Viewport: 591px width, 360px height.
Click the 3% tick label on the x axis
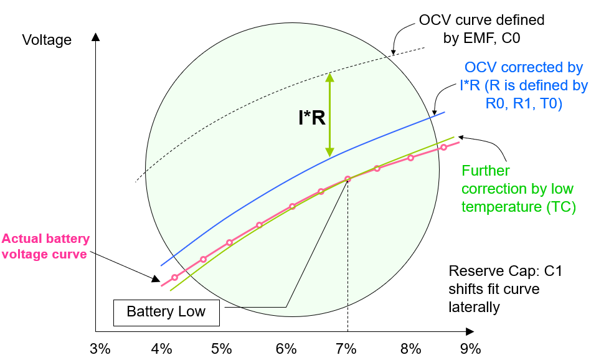coord(99,348)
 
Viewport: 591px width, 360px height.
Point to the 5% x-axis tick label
coord(222,348)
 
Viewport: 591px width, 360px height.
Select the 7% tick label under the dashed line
coord(346,348)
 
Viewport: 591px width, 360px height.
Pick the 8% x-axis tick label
coord(409,348)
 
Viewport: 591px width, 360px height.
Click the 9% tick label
coord(471,348)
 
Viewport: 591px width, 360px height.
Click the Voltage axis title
coord(47,40)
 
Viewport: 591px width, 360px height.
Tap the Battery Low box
coord(166,312)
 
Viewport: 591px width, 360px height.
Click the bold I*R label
coord(312,118)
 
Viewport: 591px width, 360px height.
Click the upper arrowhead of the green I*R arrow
coord(329,77)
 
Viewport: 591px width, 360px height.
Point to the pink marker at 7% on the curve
coord(348,179)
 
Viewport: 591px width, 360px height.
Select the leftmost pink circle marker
coord(174,277)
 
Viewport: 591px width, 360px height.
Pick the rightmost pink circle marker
coord(443,148)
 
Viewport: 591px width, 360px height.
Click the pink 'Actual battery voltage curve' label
coord(45,246)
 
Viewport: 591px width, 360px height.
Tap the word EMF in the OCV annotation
coord(477,39)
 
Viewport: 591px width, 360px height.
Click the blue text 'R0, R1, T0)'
coord(524,103)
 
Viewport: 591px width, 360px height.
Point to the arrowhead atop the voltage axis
coord(95,36)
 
